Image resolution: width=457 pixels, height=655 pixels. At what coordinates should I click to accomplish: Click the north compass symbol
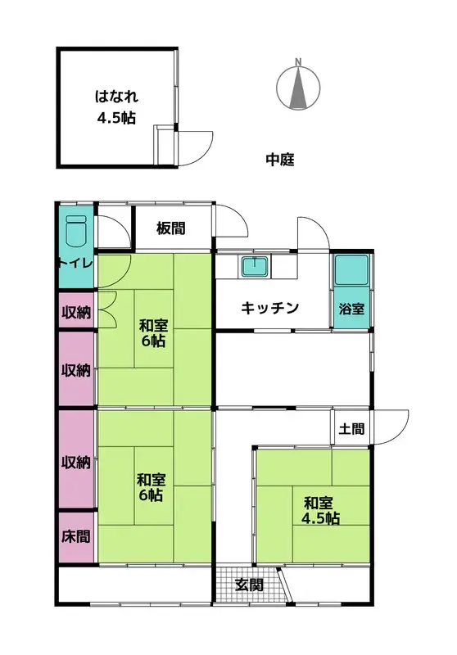pyautogui.click(x=300, y=86)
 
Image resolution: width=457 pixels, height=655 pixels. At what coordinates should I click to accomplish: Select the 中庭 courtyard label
pyautogui.click(x=280, y=160)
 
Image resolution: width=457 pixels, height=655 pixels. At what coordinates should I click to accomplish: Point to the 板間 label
pyautogui.click(x=171, y=229)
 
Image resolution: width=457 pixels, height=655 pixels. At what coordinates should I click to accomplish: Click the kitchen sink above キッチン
pyautogui.click(x=256, y=267)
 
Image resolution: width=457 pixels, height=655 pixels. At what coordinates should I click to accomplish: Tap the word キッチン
pyautogui.click(x=269, y=308)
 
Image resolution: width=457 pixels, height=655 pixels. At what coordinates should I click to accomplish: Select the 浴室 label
pyautogui.click(x=352, y=309)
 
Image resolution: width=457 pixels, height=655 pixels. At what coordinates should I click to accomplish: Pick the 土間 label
pyautogui.click(x=352, y=428)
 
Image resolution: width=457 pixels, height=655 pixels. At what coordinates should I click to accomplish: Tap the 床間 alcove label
pyautogui.click(x=76, y=537)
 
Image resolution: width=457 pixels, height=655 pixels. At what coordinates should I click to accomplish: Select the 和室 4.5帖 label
pyautogui.click(x=321, y=510)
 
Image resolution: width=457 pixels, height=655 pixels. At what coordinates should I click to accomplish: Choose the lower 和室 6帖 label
pyautogui.click(x=150, y=487)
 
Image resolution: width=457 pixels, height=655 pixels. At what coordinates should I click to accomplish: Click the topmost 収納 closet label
pyautogui.click(x=76, y=312)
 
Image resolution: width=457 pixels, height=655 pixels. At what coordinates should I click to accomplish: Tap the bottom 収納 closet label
pyautogui.click(x=76, y=462)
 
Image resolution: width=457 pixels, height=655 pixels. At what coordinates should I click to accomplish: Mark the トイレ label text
pyautogui.click(x=76, y=263)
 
